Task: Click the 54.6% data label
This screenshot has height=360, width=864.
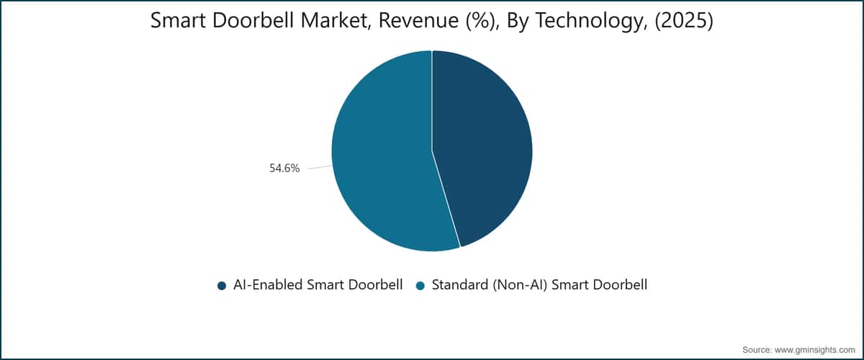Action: tap(284, 168)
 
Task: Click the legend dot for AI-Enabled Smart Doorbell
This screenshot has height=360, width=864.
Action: tap(222, 286)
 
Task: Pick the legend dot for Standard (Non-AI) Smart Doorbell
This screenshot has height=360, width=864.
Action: tap(420, 286)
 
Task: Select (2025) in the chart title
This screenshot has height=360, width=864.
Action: tap(684, 20)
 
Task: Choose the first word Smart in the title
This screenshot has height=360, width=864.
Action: tap(178, 20)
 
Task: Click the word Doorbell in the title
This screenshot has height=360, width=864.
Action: tap(253, 20)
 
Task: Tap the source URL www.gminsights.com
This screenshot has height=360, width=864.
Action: tap(814, 350)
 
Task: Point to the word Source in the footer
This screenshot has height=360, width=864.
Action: tap(757, 350)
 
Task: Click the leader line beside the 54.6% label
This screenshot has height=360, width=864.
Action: tap(320, 167)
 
